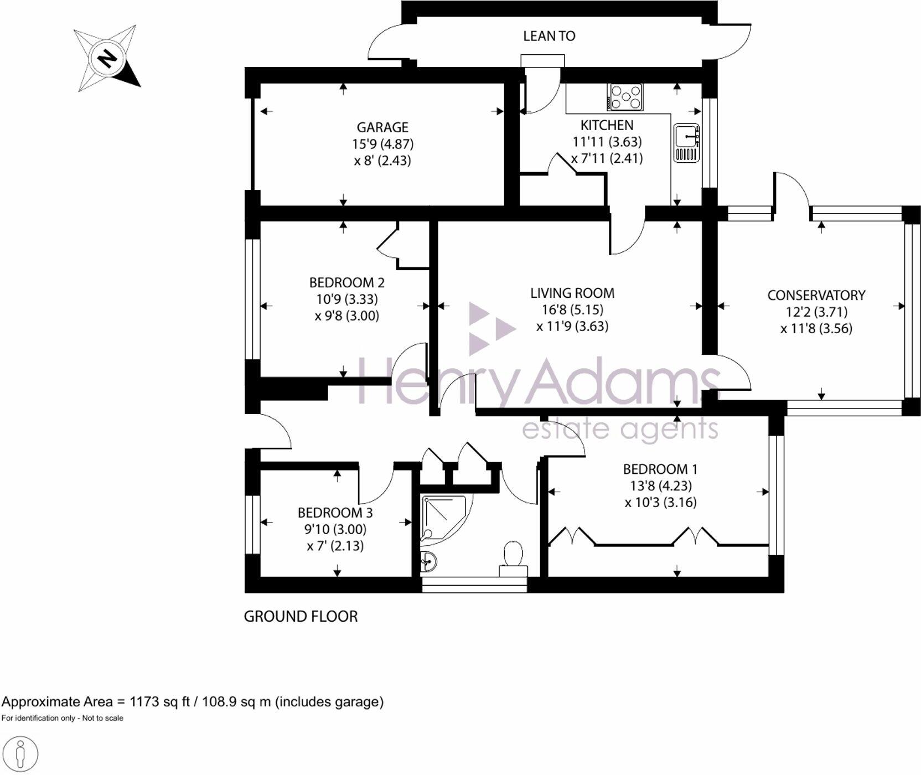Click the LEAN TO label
click(x=549, y=36)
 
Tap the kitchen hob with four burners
click(x=625, y=97)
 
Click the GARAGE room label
click(x=382, y=128)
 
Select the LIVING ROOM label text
click(x=572, y=293)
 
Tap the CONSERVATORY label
click(x=816, y=296)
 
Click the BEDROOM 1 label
click(x=660, y=469)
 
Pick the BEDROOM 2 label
click(x=347, y=283)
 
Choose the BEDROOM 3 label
click(x=335, y=513)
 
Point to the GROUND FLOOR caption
click(x=301, y=617)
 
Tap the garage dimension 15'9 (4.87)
click(x=383, y=144)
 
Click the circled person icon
click(x=20, y=754)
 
